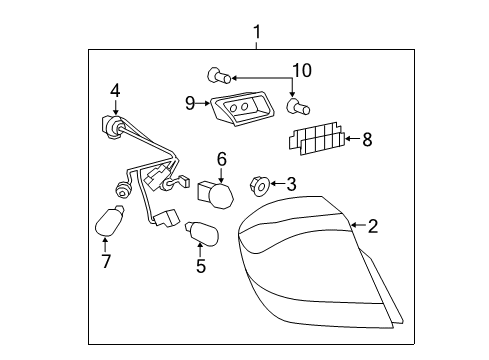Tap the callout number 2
[x=372, y=227]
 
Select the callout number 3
[x=291, y=183]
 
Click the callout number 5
[x=201, y=266]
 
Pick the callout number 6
[x=222, y=158]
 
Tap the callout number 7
[x=106, y=262]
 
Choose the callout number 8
[x=367, y=140]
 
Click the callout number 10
[x=301, y=70]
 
